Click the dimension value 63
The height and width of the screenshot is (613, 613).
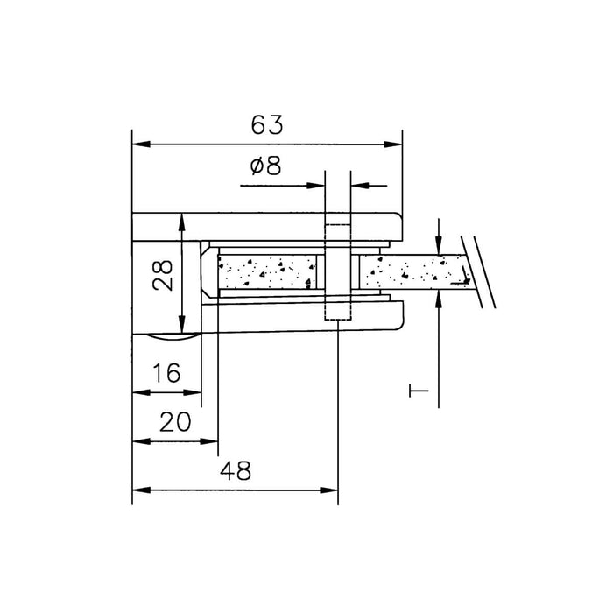tap(266, 124)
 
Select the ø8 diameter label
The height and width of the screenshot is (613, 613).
tap(265, 166)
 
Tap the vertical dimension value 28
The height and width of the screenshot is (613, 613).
tap(163, 275)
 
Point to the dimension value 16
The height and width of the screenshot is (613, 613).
tap(166, 372)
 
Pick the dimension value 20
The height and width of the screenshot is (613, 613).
tap(175, 422)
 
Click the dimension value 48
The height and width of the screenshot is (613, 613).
tap(236, 471)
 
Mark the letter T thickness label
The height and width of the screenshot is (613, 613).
tap(419, 391)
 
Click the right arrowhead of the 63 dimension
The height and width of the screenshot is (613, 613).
tap(393, 144)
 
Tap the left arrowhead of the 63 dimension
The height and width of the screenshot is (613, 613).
tap(142, 144)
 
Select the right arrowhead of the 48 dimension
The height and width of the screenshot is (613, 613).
tap(328, 490)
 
